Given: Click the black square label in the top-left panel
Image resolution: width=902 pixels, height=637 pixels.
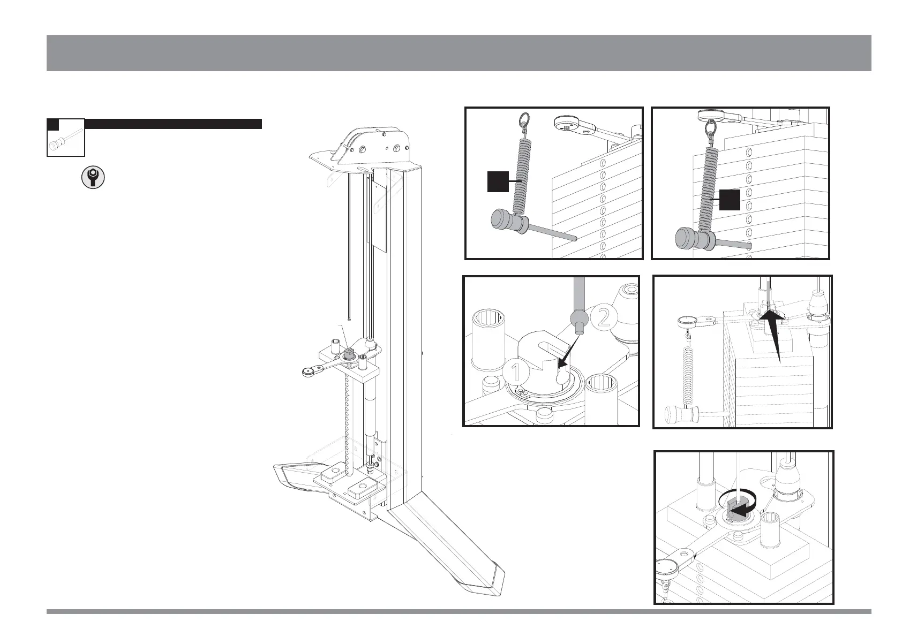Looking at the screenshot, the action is point(497,181).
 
